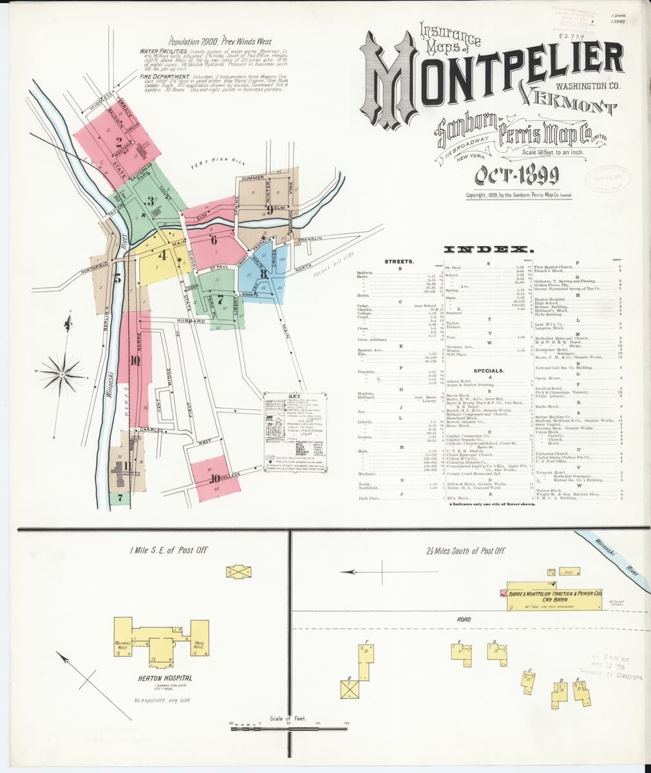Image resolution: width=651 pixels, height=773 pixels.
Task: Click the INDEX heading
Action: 488,249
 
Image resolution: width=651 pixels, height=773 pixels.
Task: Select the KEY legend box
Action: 295,425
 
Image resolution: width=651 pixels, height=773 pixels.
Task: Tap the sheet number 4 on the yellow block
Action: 163,254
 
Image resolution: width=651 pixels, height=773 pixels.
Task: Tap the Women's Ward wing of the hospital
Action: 124,645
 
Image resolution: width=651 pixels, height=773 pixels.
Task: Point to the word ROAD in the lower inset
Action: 464,619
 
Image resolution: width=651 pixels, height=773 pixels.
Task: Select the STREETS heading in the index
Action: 399,262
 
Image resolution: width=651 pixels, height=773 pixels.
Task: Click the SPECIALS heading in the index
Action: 490,371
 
